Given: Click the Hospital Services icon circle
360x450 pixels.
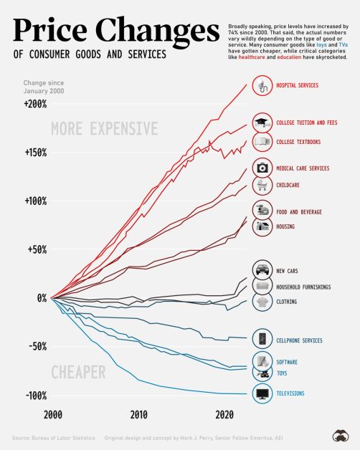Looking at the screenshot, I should coord(262,87).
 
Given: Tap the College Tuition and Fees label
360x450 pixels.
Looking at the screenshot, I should coord(307,123).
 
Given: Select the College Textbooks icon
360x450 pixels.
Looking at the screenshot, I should coord(262,142).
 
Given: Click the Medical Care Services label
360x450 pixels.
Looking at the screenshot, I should coord(303,168).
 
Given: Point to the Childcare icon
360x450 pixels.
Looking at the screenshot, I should coord(262,186).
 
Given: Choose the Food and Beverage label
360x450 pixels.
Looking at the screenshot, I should coord(299,212).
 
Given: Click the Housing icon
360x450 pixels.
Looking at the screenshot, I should coord(262,226).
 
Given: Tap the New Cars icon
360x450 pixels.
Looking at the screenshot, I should coord(262,272).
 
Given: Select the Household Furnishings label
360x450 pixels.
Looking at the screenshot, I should coord(303,287).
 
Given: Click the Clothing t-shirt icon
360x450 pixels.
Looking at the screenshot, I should coord(262,302).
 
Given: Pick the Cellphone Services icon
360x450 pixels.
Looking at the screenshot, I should coord(262,340).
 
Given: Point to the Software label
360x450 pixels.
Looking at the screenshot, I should coord(287,362).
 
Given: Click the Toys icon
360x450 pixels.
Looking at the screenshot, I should coord(262,373).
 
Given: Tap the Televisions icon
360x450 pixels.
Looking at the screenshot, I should coord(262,393).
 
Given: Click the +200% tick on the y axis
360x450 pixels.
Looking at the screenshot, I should coord(34,104).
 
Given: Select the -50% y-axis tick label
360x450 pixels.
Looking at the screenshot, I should coord(34,346).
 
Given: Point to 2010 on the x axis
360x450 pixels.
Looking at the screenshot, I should coord(138,414).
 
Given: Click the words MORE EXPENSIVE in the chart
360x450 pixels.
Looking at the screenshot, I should coord(105,129).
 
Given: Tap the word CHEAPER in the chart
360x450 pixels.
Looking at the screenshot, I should coord(78,372).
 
